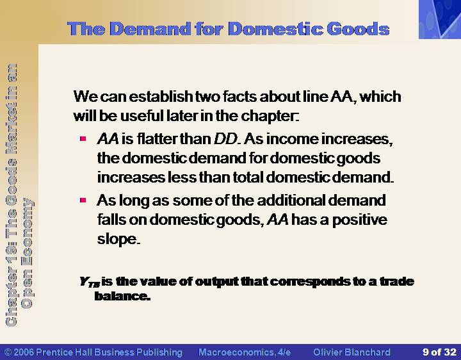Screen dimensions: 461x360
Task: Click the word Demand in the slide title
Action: pyautogui.click(x=150, y=29)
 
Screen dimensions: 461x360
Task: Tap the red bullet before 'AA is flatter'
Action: pyautogui.click(x=83, y=138)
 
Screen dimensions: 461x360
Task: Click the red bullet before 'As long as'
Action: pyautogui.click(x=83, y=200)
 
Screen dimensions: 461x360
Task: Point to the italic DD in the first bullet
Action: pyautogui.click(x=225, y=139)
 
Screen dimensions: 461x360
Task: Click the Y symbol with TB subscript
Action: pyautogui.click(x=90, y=282)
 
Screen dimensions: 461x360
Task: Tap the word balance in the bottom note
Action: pyautogui.click(x=122, y=296)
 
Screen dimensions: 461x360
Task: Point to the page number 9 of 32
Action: pyautogui.click(x=439, y=352)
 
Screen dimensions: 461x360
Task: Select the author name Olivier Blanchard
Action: pyautogui.click(x=352, y=352)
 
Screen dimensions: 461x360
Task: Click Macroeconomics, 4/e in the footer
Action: pyautogui.click(x=245, y=352)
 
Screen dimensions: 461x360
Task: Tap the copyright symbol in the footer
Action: pyautogui.click(x=8, y=352)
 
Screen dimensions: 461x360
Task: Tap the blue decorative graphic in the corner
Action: pyautogui.click(x=440, y=19)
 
